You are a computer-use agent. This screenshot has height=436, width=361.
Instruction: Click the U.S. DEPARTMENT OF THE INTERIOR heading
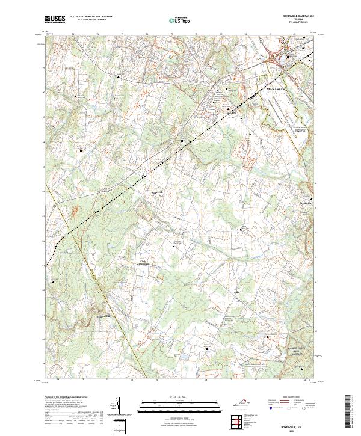point(91,17)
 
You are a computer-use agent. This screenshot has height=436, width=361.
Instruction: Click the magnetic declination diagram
point(117,405)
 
